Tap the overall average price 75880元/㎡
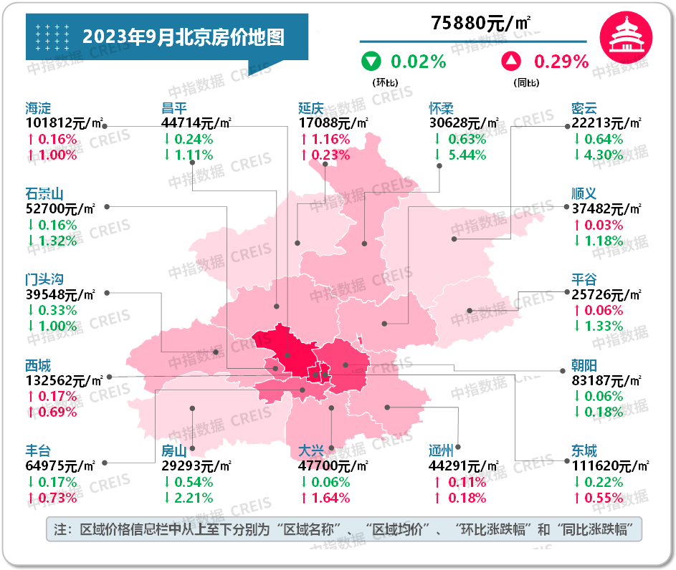pyautogui.click(x=481, y=23)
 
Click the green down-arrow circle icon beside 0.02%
pyautogui.click(x=371, y=62)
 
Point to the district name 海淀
pyautogui.click(x=38, y=109)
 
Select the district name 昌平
pyautogui.click(x=174, y=109)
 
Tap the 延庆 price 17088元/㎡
pyautogui.click(x=333, y=124)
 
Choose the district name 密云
pyautogui.click(x=584, y=109)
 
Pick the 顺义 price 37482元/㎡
pyautogui.click(x=606, y=209)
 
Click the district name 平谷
pyautogui.click(x=584, y=279)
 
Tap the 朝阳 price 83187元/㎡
pyautogui.click(x=606, y=381)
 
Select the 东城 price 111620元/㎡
pyautogui.click(x=610, y=466)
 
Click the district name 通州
pyautogui.click(x=441, y=451)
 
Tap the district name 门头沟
pyautogui.click(x=44, y=279)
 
